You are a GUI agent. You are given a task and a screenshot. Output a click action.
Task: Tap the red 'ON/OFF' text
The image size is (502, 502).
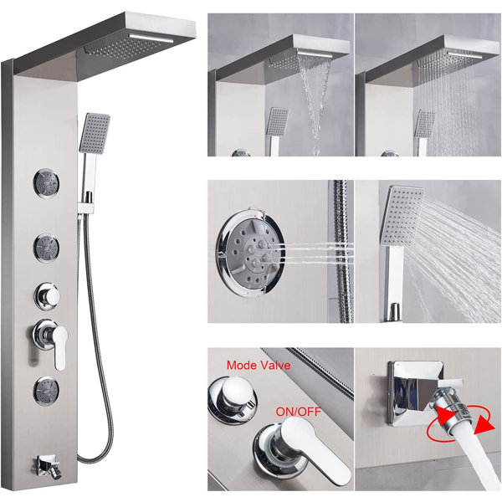[x=297, y=412]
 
